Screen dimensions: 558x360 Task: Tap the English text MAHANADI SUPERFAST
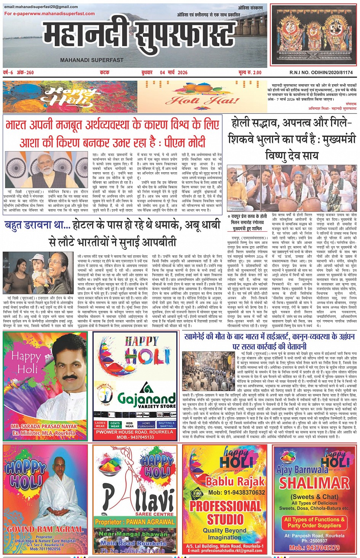pyautogui.click(x=92, y=60)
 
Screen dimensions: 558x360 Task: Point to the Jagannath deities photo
pyautogui.click(x=313, y=34)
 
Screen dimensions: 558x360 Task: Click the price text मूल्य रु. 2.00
pyautogui.click(x=250, y=72)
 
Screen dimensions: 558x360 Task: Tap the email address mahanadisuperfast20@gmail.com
pyautogui.click(x=41, y=7)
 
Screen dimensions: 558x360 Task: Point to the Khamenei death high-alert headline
pyautogui.click(x=269, y=341)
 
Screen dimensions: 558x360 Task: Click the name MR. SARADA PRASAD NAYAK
pyautogui.click(x=44, y=426)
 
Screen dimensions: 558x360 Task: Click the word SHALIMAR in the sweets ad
pyautogui.click(x=314, y=483)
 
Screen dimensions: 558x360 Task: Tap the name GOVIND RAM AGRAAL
pyautogui.click(x=45, y=529)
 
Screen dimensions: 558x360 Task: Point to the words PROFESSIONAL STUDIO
pyautogui.click(x=225, y=512)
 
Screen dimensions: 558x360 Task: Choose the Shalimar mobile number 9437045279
pyautogui.click(x=314, y=548)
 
